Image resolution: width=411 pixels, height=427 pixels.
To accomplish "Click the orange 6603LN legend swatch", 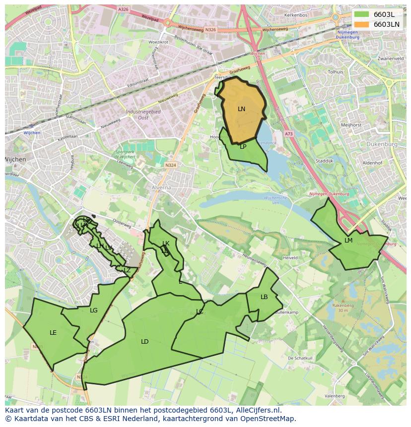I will point(362,24).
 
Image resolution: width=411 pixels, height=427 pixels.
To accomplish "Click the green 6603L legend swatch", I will point(362,14).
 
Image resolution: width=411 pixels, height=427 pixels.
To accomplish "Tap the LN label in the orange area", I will point(241,109).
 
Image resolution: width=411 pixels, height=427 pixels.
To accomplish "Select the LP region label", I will point(243,147).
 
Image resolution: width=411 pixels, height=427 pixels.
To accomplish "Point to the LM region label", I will point(348,241).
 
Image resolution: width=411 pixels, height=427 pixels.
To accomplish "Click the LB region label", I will point(264,297).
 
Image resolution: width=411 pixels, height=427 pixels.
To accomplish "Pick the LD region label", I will point(144,342).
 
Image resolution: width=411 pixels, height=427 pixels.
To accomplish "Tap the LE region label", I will point(53,333).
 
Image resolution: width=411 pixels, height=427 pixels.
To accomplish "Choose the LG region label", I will point(94,310).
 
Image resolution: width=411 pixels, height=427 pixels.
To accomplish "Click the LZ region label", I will point(127,270).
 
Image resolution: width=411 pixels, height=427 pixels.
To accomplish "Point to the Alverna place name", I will point(161,188).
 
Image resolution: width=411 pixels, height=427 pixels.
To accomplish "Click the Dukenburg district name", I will point(382,144).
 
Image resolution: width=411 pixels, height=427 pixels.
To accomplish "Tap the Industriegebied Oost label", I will point(143,115).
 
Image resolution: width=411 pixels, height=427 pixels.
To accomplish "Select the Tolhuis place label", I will point(336,72).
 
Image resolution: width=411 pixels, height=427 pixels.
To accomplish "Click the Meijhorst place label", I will point(351,125).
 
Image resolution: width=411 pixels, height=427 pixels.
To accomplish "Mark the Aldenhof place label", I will point(372,163).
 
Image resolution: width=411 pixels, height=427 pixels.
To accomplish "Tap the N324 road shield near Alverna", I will point(170,165).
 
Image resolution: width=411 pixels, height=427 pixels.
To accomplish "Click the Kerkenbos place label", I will point(296,15).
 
